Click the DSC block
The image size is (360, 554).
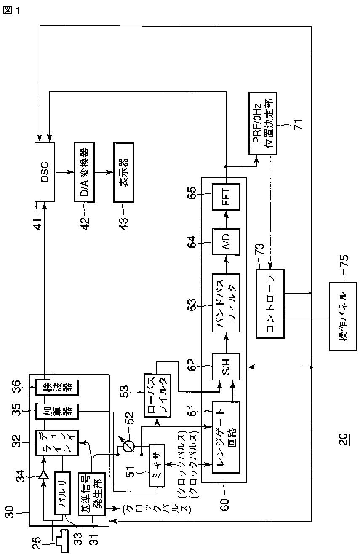point(45,172)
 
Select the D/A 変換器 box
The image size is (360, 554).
point(84,172)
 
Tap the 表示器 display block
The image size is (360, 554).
point(124,172)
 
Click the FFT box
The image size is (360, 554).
point(226,197)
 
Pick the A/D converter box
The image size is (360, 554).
point(226,242)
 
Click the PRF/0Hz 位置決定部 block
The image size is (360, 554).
point(263,123)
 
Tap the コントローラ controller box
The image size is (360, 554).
point(270,304)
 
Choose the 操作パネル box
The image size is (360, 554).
point(343,316)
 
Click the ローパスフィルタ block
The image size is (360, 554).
point(157,396)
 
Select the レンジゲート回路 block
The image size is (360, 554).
point(226,437)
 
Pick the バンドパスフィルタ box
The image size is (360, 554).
point(226,303)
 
